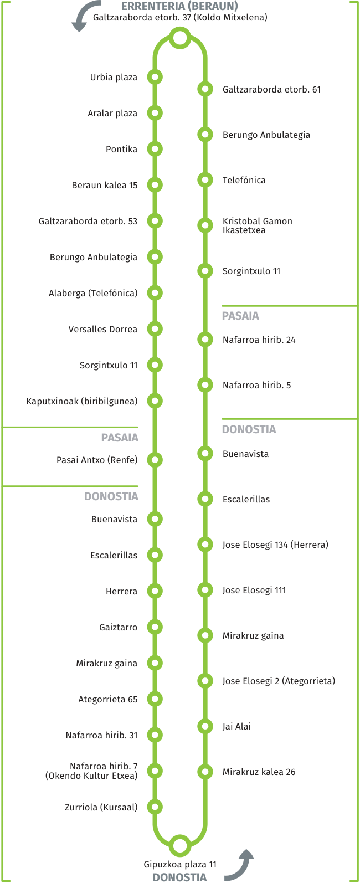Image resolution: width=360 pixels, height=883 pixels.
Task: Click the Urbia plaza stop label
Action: coord(114,77)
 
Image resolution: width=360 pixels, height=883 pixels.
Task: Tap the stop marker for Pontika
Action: coord(155,149)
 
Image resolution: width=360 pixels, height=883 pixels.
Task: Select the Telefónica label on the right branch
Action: coord(244,180)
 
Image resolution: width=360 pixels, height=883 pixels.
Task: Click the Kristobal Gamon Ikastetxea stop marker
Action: coord(205,225)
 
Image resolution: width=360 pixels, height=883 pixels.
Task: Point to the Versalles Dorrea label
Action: coord(103,329)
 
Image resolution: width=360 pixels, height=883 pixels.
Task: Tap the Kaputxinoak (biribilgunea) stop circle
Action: coord(155,401)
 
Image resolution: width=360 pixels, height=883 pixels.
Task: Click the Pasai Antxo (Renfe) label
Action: coord(97,460)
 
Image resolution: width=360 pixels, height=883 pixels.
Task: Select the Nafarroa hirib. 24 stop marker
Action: coord(205,340)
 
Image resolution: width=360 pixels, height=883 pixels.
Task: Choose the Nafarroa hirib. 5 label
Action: coord(256,385)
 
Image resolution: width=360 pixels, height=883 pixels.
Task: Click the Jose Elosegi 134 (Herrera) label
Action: coord(275,545)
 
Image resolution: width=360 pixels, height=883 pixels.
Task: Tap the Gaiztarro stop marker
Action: coord(155,627)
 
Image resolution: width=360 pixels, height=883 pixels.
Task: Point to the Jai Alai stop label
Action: coord(236,726)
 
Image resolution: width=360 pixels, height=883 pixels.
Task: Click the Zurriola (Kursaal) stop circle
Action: coord(155,807)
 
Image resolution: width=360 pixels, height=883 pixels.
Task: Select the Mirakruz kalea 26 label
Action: coord(259,772)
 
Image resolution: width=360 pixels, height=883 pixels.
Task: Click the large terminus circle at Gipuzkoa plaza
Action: coord(180,845)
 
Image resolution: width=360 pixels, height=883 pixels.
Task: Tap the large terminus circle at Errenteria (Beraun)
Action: coord(180,38)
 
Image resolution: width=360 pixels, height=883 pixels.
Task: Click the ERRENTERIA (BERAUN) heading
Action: coord(180,6)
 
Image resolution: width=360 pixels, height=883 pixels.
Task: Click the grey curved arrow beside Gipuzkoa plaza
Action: coord(240,866)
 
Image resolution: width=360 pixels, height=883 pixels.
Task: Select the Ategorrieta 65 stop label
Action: coord(107,699)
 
